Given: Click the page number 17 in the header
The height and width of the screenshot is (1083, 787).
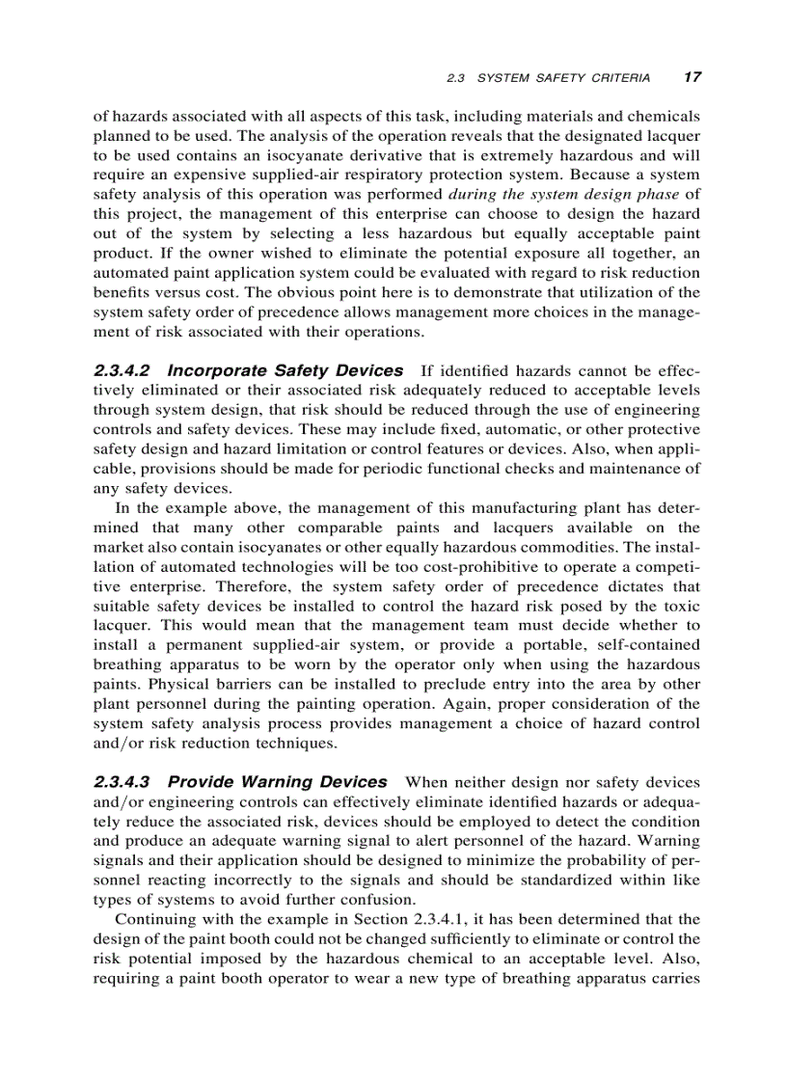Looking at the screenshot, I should [692, 77].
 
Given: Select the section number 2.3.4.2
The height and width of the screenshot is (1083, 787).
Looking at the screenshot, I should [124, 371].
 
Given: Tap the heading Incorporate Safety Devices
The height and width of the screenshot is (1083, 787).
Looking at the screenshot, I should [285, 371].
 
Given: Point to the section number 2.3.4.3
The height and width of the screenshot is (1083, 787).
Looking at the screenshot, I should [124, 782].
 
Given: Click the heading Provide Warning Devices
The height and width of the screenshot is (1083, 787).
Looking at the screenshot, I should [278, 782].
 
